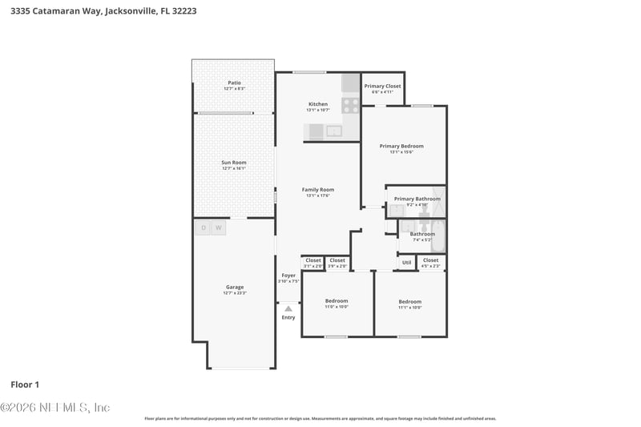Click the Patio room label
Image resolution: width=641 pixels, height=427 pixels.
click(x=234, y=83)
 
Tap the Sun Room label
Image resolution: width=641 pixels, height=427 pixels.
click(x=234, y=163)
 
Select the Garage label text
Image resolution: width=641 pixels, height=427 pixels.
click(x=234, y=287)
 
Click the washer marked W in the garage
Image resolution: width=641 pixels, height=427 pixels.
click(x=219, y=228)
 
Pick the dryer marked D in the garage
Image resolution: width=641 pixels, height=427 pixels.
click(x=203, y=228)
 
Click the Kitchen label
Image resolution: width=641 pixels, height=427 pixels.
click(x=318, y=104)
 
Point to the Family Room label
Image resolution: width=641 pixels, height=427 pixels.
click(x=318, y=190)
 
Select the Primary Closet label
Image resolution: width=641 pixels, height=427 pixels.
click(x=382, y=86)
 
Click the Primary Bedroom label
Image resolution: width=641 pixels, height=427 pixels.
click(x=401, y=146)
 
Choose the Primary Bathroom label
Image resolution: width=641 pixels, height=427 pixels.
click(x=417, y=199)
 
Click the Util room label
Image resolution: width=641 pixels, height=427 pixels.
click(x=406, y=262)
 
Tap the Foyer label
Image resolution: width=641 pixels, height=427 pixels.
click(x=288, y=276)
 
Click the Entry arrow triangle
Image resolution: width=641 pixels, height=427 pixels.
click(x=288, y=308)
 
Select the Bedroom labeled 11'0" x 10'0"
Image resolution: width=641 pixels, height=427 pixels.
click(x=337, y=301)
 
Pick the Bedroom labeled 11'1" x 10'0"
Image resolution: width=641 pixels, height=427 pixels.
click(x=410, y=302)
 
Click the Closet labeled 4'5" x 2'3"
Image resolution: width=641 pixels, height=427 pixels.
click(x=430, y=260)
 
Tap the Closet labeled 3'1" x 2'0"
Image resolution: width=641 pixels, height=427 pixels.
click(x=312, y=260)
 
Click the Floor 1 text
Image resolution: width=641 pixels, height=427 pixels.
click(x=25, y=385)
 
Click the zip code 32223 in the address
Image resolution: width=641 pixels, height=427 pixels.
click(x=181, y=11)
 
